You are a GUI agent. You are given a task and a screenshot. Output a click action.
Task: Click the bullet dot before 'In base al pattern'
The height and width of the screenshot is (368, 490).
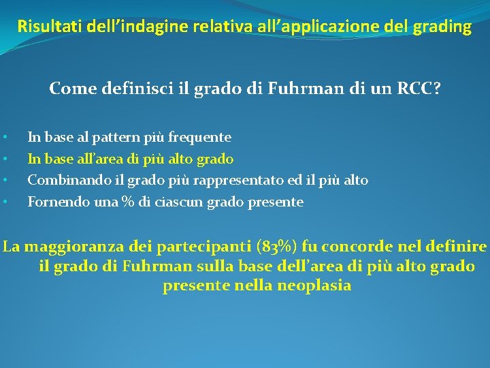tap(5, 138)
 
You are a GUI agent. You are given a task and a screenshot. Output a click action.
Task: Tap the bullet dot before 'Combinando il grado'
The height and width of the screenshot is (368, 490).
tap(5, 181)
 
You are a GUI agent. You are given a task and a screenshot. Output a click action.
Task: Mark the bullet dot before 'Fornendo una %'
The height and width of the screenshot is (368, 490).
tap(5, 202)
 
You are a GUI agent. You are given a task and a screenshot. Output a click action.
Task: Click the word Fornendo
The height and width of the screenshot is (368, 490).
tap(53, 202)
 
